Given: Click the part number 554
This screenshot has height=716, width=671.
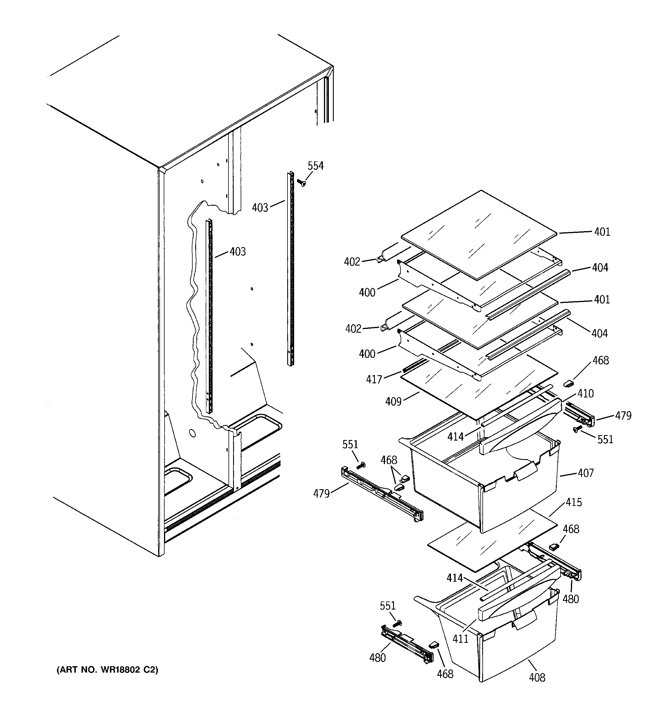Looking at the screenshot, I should point(315,166).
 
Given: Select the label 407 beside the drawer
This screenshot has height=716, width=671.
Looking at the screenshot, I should point(585,473).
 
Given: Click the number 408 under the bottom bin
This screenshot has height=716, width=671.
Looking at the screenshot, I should point(537,678).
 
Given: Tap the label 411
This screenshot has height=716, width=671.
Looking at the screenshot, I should point(460,638).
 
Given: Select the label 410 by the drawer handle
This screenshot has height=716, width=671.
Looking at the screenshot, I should point(585,394).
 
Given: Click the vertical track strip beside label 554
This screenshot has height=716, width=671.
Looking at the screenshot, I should point(291,268).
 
